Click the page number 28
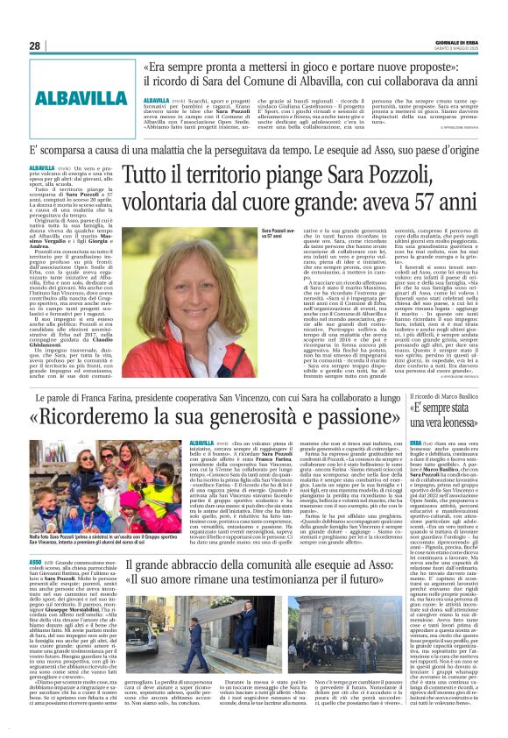point(34,46)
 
